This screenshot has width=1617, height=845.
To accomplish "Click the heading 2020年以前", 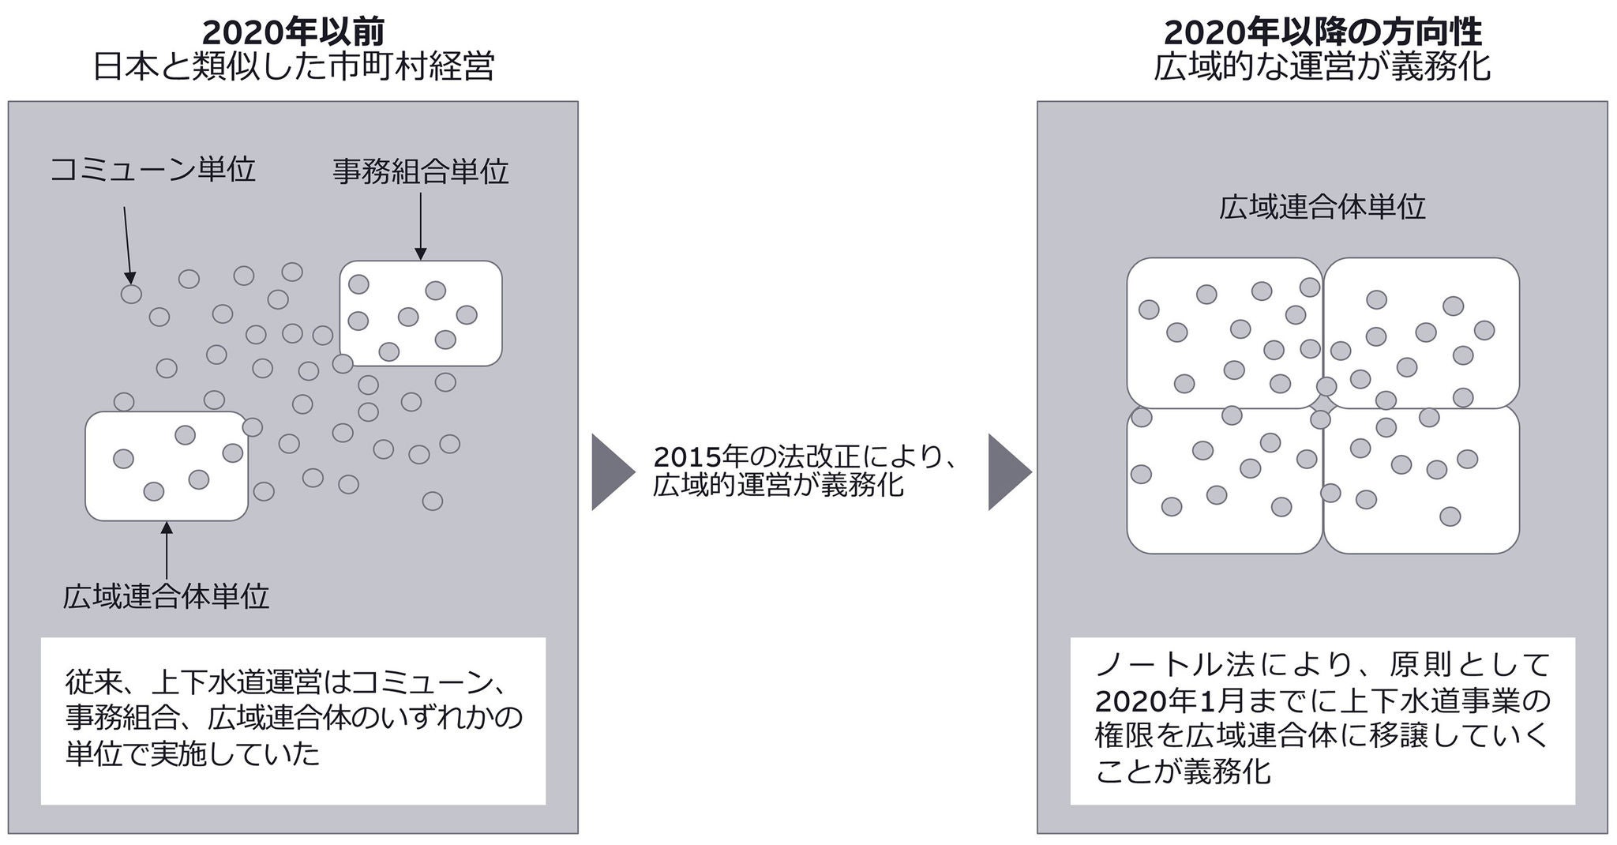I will pyautogui.click(x=294, y=32).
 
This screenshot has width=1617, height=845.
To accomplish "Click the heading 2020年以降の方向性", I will pyautogui.click(x=1322, y=32).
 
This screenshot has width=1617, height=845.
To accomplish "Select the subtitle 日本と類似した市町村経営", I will pyautogui.click(x=294, y=67).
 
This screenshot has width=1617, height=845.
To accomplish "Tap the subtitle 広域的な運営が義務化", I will pyautogui.click(x=1322, y=67).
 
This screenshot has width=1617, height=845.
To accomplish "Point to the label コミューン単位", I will pyautogui.click(x=152, y=169).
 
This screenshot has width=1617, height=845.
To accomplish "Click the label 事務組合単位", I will pyautogui.click(x=420, y=171).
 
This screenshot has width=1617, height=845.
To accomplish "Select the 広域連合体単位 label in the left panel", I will pyautogui.click(x=166, y=596).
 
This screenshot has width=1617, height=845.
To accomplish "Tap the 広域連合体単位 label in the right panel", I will pyautogui.click(x=1322, y=207).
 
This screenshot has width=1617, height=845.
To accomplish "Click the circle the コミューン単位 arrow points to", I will pyautogui.click(x=131, y=294).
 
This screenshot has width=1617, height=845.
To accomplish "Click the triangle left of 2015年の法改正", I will pyautogui.click(x=611, y=472).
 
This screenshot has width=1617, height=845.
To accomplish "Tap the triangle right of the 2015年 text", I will pyautogui.click(x=1008, y=472).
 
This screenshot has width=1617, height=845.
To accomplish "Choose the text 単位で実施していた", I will pyautogui.click(x=193, y=753).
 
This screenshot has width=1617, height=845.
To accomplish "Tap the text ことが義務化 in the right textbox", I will pyautogui.click(x=1183, y=770).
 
